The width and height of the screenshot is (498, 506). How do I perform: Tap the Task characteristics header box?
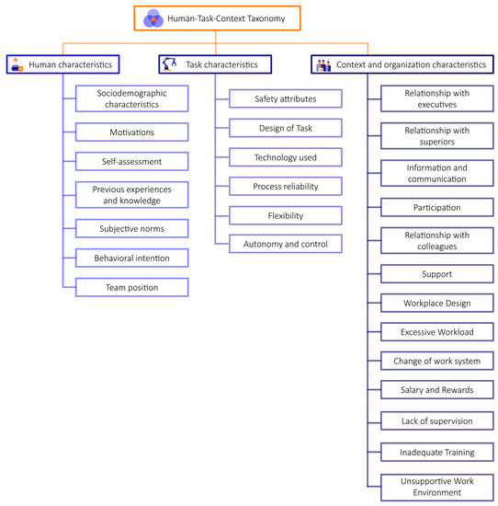click(x=215, y=64)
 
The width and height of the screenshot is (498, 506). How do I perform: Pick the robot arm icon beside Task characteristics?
click(x=169, y=64)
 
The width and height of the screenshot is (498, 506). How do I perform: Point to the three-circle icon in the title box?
click(x=153, y=17)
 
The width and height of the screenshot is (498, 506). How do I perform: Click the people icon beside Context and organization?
click(x=323, y=64)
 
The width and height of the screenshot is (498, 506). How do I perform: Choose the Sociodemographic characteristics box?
click(x=131, y=98)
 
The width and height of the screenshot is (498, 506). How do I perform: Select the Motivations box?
click(x=131, y=132)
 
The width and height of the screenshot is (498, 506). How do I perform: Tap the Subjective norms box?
click(x=131, y=227)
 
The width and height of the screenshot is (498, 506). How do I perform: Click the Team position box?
click(x=131, y=288)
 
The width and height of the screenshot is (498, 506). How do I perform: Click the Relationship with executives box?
click(x=437, y=98)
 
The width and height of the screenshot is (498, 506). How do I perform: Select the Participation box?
click(x=437, y=208)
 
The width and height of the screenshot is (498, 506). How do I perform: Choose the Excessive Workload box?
click(x=437, y=331)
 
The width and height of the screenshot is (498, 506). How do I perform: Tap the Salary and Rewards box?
click(x=437, y=390)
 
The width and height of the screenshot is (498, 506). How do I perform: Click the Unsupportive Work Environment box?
click(x=437, y=486)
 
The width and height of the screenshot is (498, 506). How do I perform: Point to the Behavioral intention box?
click(x=131, y=258)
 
